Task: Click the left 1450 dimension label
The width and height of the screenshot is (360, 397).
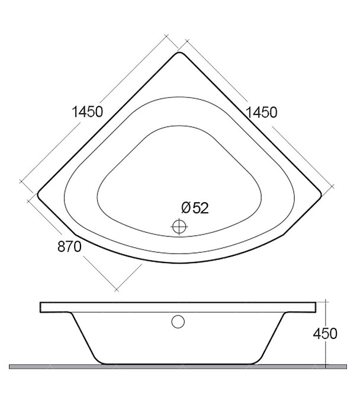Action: click(x=88, y=111)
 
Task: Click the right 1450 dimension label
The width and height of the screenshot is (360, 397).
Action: click(x=262, y=113)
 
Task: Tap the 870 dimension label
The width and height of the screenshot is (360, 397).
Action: click(x=69, y=246)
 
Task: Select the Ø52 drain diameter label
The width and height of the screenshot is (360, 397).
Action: click(x=195, y=208)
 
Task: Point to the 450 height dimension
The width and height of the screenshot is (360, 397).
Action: click(x=325, y=334)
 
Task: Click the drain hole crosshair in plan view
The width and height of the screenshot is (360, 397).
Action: click(x=179, y=226)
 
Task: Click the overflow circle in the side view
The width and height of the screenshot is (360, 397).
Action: click(x=178, y=322)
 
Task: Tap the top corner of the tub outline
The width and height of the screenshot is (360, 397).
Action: click(x=179, y=52)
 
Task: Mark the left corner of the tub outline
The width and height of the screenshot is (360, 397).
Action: click(x=38, y=195)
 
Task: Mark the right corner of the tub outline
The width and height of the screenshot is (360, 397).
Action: click(x=321, y=195)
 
